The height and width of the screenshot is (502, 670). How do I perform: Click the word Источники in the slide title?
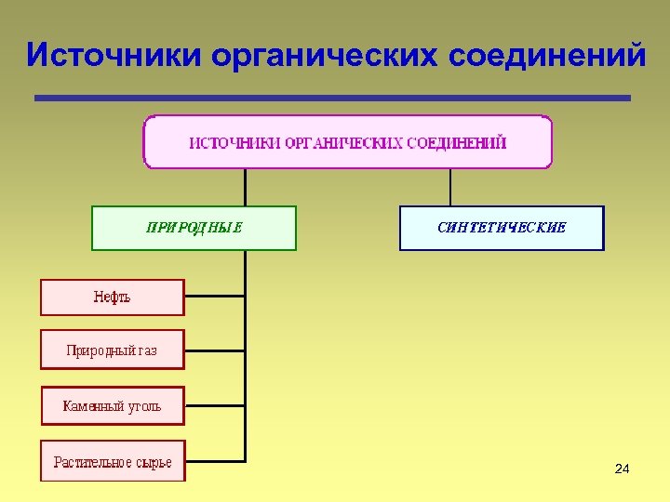click(114, 55)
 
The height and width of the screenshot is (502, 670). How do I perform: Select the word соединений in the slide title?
click(546, 55)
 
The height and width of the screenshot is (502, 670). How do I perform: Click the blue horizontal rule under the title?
click(332, 98)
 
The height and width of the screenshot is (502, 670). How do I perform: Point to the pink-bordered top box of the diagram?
click(347, 141)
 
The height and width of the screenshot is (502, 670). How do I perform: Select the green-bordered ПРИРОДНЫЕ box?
click(194, 228)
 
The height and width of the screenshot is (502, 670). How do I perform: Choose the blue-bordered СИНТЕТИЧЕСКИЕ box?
click(502, 228)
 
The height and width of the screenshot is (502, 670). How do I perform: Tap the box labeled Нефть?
click(112, 297)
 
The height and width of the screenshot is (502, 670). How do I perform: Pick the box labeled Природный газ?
click(112, 350)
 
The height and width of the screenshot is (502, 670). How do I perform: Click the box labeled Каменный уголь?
click(112, 406)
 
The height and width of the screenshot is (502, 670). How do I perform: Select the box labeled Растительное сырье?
click(112, 462)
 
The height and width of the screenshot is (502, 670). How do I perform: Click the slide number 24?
click(623, 469)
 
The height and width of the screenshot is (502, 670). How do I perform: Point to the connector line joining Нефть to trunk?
click(215, 298)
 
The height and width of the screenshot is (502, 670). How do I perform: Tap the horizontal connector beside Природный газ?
click(215, 351)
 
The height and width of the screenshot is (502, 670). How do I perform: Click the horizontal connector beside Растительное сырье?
click(215, 460)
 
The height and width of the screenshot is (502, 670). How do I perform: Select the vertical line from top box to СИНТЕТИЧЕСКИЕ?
click(450, 187)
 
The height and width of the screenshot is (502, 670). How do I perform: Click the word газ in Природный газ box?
click(147, 351)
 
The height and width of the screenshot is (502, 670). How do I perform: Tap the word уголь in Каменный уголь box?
click(142, 406)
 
